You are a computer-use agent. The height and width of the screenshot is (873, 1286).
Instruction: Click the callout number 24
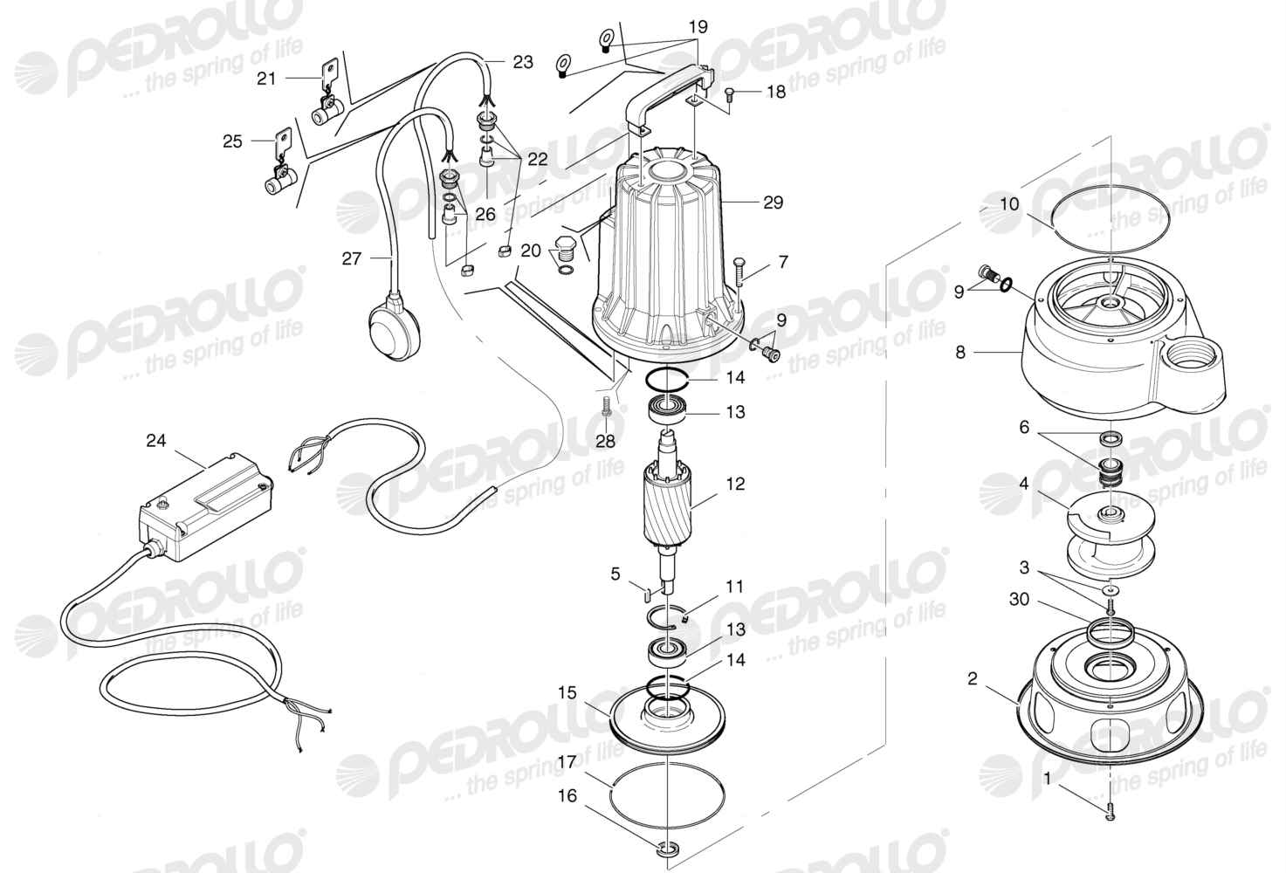156,440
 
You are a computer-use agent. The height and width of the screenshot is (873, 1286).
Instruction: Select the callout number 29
773,203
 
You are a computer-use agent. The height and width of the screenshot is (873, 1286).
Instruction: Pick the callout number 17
567,762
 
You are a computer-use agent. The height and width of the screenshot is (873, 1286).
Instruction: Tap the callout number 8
959,352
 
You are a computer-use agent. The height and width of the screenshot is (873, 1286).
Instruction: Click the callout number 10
1010,203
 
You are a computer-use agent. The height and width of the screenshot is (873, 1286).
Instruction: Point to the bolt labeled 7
739,272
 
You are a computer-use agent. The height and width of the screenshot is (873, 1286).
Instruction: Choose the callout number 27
351,259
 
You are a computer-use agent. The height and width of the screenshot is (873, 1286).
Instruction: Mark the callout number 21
266,78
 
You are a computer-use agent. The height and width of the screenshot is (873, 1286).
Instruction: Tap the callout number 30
1020,599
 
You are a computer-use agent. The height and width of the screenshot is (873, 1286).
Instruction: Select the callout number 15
567,693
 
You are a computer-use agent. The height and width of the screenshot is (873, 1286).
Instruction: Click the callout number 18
776,92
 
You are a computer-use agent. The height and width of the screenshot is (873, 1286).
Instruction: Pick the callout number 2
972,679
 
